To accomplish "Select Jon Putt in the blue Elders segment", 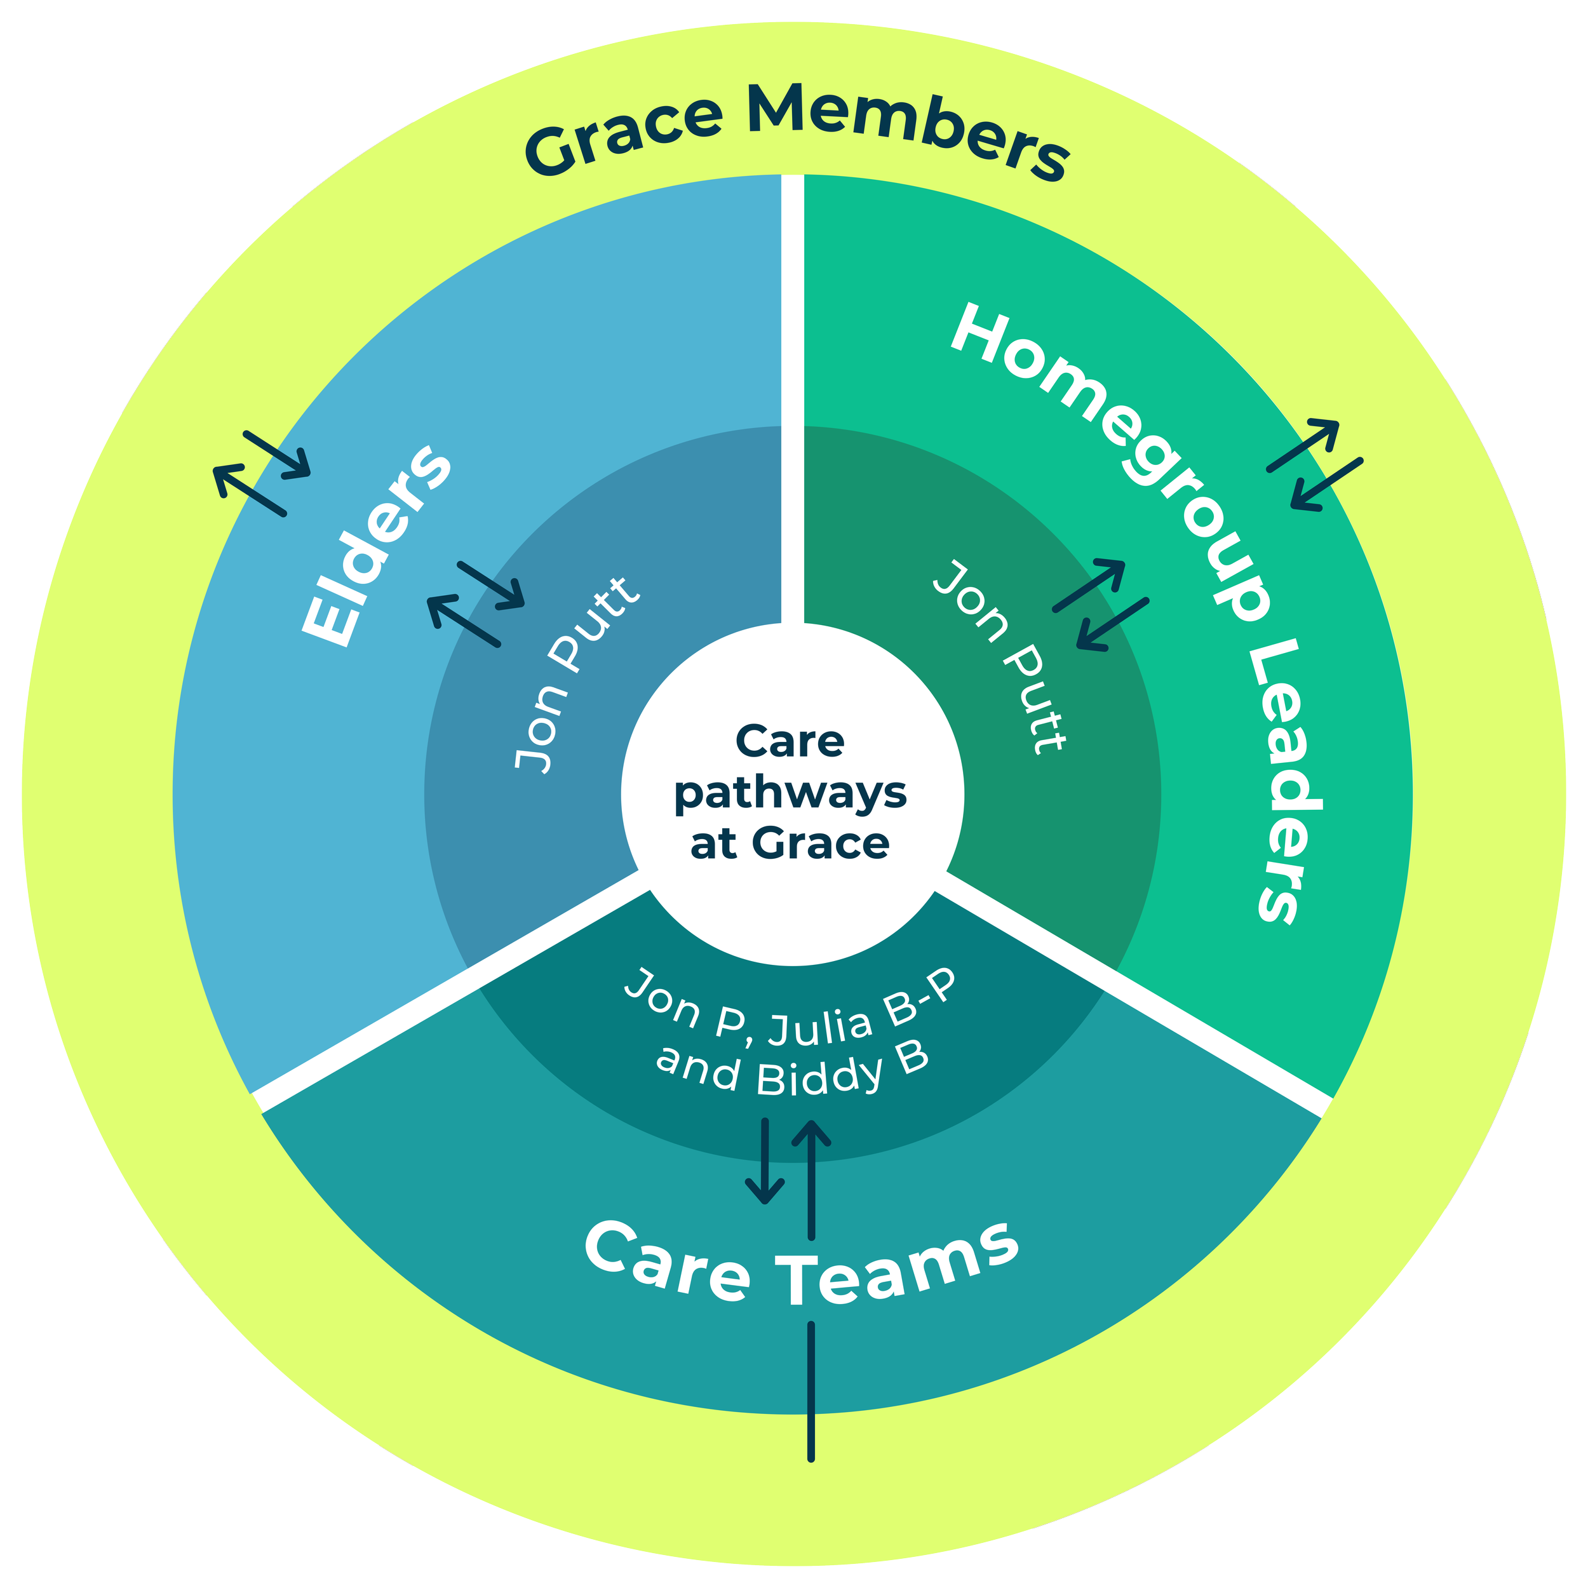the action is tap(575, 675).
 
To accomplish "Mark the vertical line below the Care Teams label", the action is tap(811, 1389).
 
